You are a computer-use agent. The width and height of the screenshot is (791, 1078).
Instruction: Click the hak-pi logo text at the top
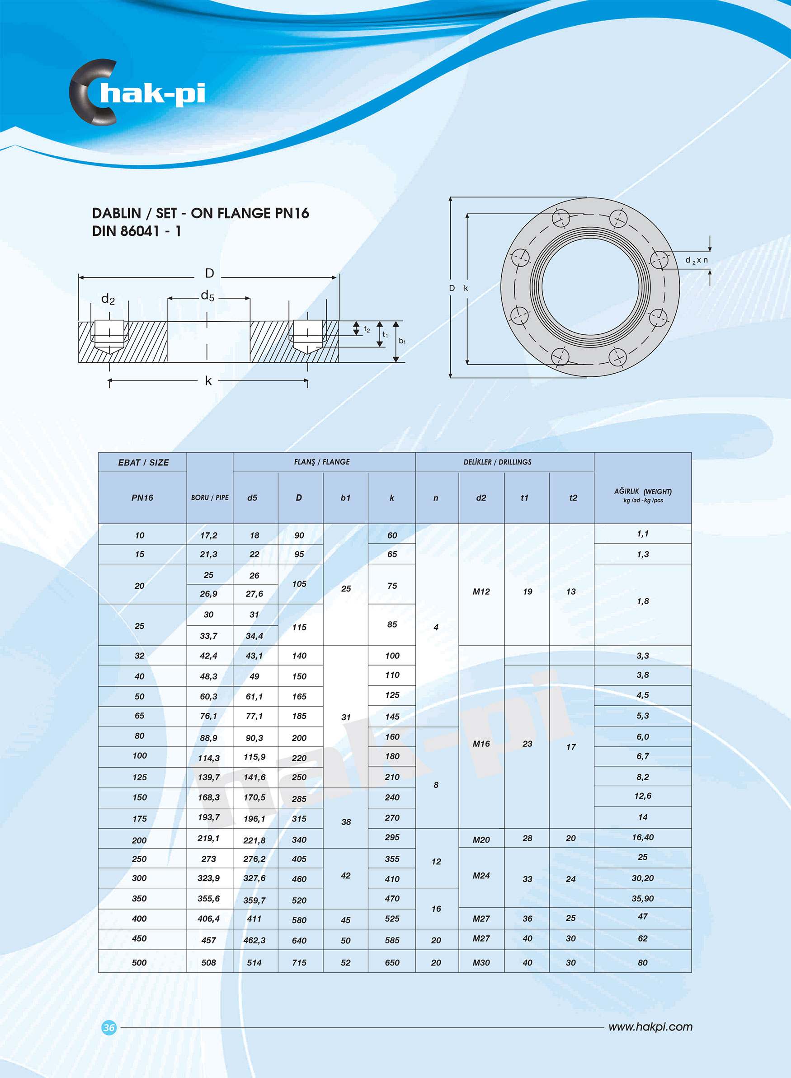152,94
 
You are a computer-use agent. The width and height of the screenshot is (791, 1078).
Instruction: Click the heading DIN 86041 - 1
136,231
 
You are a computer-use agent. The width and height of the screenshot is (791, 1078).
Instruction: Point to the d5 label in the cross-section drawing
207,295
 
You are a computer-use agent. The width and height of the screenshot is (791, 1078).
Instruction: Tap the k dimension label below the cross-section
208,381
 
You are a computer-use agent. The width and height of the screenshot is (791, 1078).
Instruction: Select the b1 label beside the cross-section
402,341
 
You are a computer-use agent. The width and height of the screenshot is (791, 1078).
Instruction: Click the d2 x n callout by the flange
696,260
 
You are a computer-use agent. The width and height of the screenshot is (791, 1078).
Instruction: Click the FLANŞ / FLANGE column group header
322,462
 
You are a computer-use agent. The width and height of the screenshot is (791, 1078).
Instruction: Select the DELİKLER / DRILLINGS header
497,462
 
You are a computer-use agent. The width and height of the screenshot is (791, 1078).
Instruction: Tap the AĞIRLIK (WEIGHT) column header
643,495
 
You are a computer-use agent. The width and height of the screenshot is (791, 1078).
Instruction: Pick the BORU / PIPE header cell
210,497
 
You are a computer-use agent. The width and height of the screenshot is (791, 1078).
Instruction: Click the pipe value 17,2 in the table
209,535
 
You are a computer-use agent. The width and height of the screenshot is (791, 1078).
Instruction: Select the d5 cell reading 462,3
254,940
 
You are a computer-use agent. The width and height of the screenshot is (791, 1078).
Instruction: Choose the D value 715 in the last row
299,963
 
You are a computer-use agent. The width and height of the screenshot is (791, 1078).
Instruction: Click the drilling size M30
481,963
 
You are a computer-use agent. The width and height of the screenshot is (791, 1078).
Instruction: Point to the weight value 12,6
643,796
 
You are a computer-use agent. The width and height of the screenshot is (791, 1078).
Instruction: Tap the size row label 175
139,819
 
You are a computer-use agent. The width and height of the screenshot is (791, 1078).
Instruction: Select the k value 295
392,837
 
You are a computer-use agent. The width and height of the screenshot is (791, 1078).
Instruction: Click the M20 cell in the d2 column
481,840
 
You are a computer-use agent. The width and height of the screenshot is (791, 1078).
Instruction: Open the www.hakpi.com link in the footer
650,1027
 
